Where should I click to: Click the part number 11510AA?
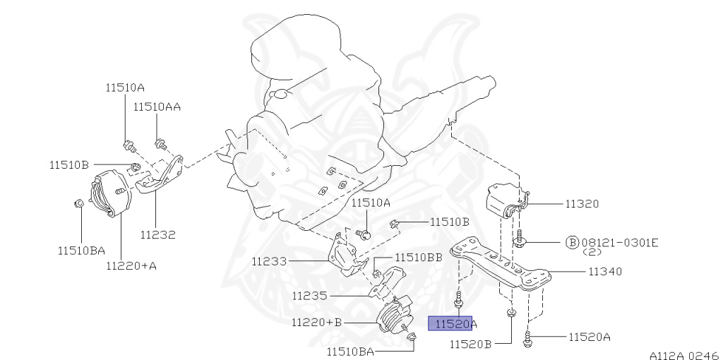click(x=157, y=107)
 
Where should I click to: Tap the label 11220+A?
click(x=131, y=266)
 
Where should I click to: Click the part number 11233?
click(x=269, y=261)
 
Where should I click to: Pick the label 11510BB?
click(x=419, y=258)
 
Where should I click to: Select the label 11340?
click(x=604, y=271)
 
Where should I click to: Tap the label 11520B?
click(x=471, y=344)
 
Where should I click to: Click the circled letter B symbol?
click(x=572, y=243)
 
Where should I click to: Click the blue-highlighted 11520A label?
click(x=453, y=324)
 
